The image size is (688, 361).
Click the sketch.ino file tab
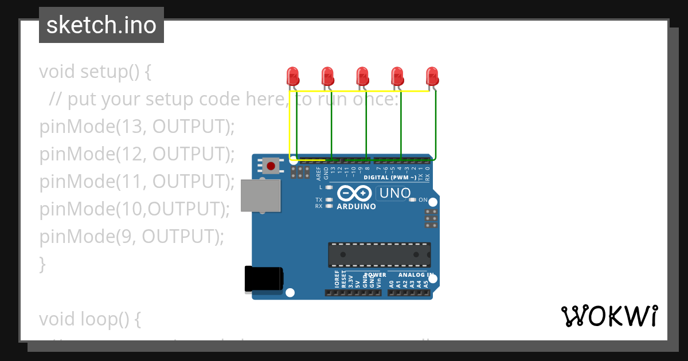tap(101, 25)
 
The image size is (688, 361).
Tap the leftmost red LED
tap(292, 76)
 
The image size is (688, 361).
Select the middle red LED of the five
tap(362, 76)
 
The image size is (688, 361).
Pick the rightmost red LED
tap(432, 76)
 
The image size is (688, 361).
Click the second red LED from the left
tap(327, 76)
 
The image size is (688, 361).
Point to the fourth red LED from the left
tap(397, 76)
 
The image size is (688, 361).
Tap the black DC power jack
tap(263, 278)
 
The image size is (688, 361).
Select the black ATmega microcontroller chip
tap(379, 254)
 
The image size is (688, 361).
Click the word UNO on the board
tap(395, 194)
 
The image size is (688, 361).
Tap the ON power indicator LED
tap(412, 200)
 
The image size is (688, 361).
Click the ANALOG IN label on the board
tap(412, 274)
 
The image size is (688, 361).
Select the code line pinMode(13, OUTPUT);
tap(137, 127)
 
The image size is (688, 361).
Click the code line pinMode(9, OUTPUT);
tap(131, 237)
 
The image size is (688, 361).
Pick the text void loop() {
tap(89, 319)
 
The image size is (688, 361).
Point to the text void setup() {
tap(95, 72)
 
